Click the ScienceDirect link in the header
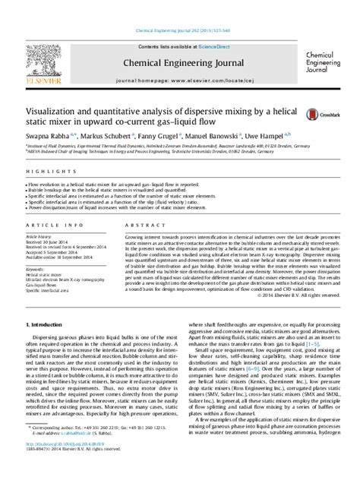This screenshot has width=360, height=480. (x=194, y=46)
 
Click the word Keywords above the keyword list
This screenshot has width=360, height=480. (x=35, y=268)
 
